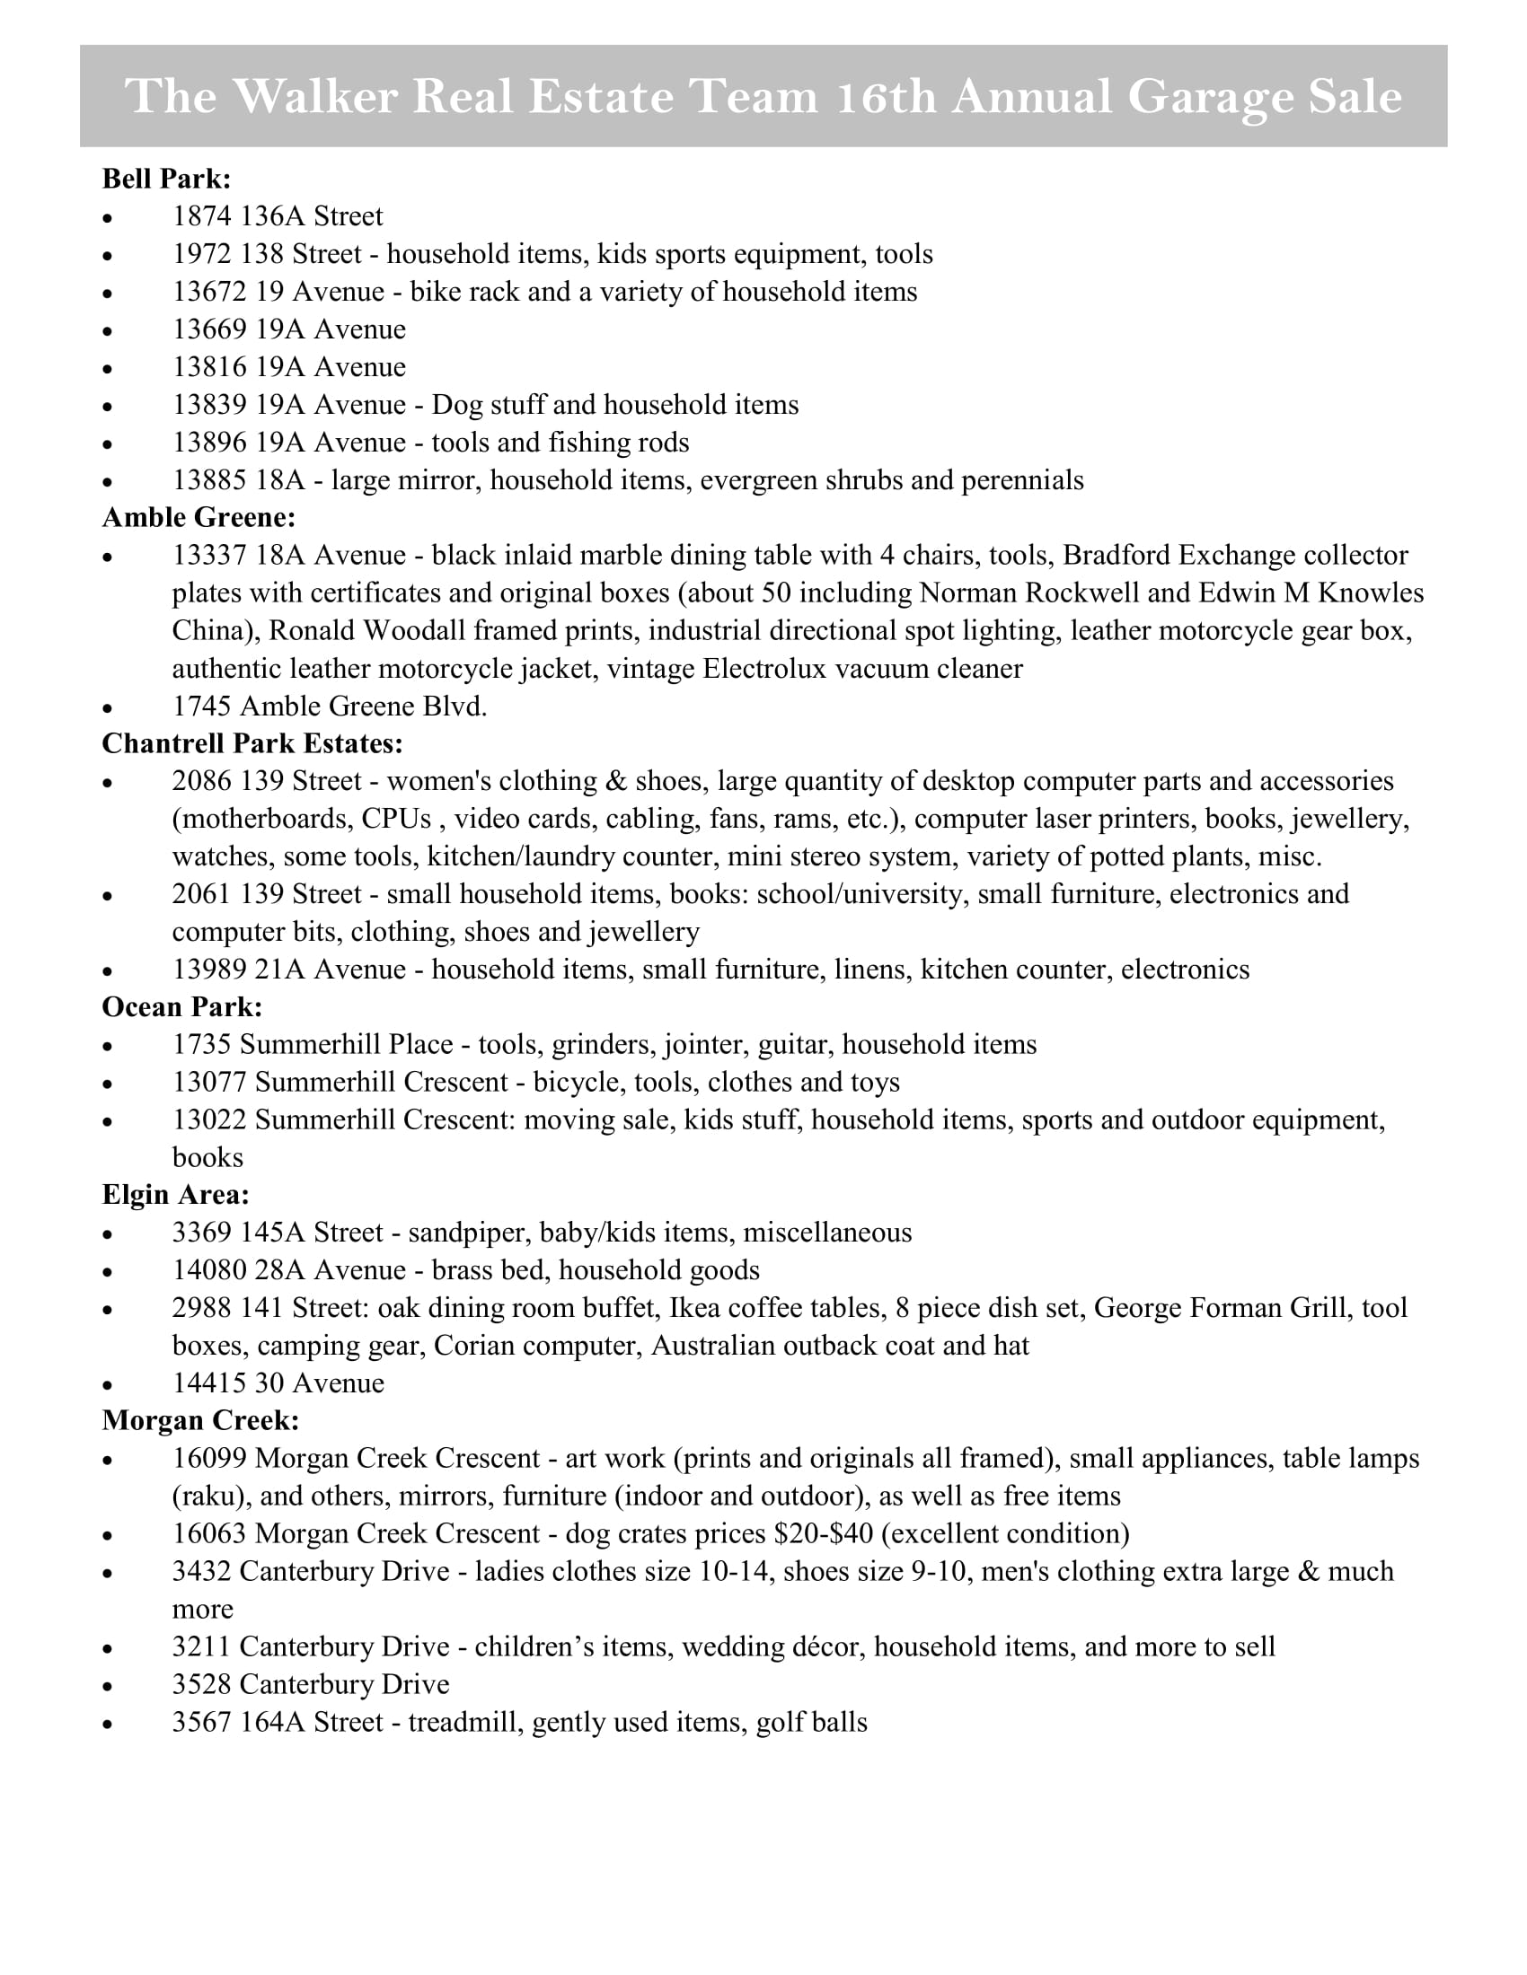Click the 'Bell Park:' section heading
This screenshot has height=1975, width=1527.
[x=166, y=179]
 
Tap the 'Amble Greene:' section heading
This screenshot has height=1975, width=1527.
[x=199, y=517]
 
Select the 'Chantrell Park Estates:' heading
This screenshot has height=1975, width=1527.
[x=252, y=743]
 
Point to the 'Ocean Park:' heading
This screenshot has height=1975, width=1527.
[x=181, y=1006]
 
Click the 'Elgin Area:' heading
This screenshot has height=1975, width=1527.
[x=175, y=1195]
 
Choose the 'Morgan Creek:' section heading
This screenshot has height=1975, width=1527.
[x=200, y=1421]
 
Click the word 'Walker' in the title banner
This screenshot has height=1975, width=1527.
[x=314, y=97]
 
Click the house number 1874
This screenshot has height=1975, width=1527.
[x=202, y=217]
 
